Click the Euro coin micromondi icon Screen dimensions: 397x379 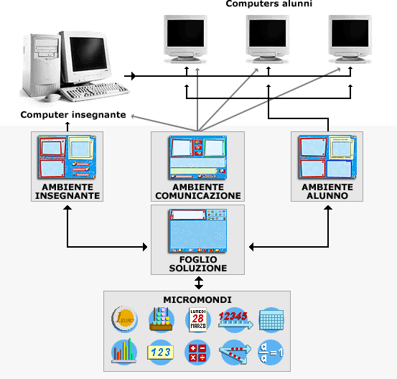click(124, 319)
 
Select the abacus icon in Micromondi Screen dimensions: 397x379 click(162, 319)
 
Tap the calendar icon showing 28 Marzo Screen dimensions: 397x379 click(198, 319)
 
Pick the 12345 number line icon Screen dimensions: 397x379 click(235, 320)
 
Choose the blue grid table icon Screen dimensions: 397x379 click(271, 320)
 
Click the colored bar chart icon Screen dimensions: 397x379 click(124, 352)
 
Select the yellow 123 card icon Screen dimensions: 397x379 click(161, 352)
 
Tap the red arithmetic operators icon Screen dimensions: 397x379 click(197, 352)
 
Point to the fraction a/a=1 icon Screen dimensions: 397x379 click(271, 352)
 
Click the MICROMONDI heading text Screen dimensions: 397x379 click(197, 300)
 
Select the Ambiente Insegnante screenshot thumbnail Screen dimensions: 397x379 click(67, 157)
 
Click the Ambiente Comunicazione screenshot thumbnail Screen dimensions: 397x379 click(198, 157)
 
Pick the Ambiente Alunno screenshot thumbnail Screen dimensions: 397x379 click(327, 157)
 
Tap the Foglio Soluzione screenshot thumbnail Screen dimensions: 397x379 click(198, 230)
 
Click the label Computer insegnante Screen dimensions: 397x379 click(73, 115)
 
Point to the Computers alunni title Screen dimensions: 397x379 click(269, 4)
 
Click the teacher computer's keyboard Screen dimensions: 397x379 click(95, 90)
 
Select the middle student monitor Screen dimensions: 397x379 click(268, 39)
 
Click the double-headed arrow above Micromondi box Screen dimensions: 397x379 click(199, 283)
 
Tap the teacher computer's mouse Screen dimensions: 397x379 click(52, 98)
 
